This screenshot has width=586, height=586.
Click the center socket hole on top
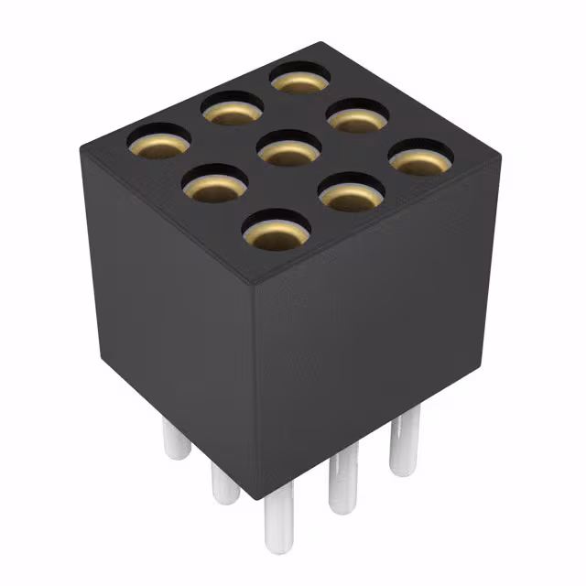coord(289,148)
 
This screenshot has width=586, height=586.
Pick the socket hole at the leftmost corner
coord(158,141)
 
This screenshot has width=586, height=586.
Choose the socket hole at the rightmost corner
coord(421,157)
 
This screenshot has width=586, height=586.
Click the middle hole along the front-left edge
coord(216,183)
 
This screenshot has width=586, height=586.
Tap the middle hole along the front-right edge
coord(350,192)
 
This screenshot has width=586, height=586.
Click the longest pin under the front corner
coord(278,526)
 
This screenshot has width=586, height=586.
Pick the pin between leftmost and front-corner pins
coord(223,481)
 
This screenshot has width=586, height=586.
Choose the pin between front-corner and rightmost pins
coord(341,476)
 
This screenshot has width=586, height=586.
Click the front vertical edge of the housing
coord(255,385)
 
